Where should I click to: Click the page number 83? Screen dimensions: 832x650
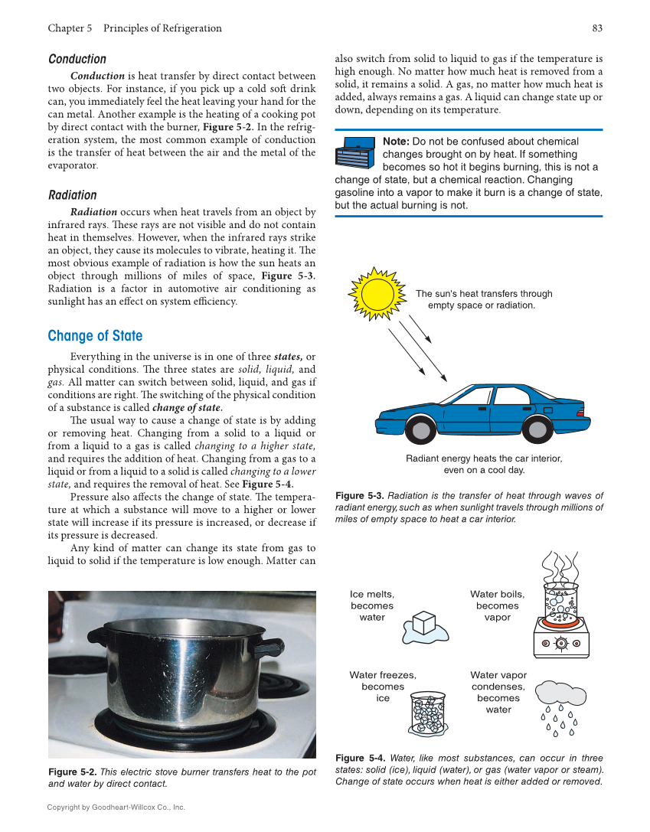(x=596, y=28)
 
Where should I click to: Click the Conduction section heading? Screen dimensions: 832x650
(x=77, y=59)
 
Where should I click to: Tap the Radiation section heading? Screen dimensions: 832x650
(x=73, y=195)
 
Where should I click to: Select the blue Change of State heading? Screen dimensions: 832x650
(x=95, y=336)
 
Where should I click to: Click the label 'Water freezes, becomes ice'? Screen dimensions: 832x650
(x=383, y=687)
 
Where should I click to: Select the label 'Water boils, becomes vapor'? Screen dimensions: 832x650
(x=498, y=605)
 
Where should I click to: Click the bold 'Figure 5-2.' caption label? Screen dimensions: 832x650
(x=72, y=772)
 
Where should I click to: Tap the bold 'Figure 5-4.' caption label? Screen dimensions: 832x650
(x=360, y=758)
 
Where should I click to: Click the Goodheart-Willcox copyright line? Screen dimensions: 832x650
(x=116, y=807)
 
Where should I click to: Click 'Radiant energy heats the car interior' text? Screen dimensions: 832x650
(x=484, y=458)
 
